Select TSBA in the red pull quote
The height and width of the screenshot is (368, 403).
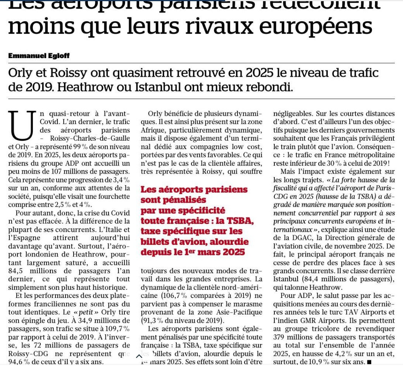(241, 221)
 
